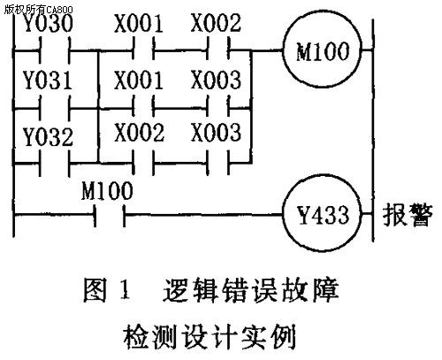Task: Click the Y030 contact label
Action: [49, 24]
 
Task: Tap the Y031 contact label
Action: [48, 80]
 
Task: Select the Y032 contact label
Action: [49, 137]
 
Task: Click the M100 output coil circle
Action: [323, 49]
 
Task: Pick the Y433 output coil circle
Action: [323, 213]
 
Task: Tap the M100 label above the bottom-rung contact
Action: [107, 190]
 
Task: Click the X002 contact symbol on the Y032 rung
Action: [143, 162]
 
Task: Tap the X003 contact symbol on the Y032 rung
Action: [218, 162]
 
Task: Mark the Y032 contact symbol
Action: [55, 163]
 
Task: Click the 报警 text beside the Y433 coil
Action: [408, 215]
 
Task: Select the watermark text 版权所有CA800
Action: [38, 10]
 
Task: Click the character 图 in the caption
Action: [95, 290]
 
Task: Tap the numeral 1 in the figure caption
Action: [126, 290]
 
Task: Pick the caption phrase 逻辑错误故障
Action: [251, 290]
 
